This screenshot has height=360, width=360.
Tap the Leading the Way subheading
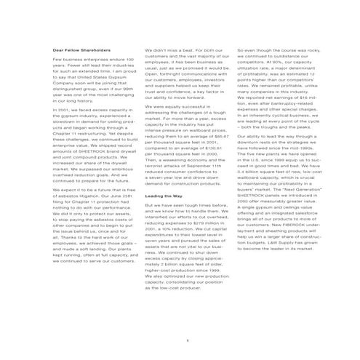pyautogui.click(x=164, y=196)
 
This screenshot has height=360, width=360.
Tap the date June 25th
pyautogui.click(x=124, y=196)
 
